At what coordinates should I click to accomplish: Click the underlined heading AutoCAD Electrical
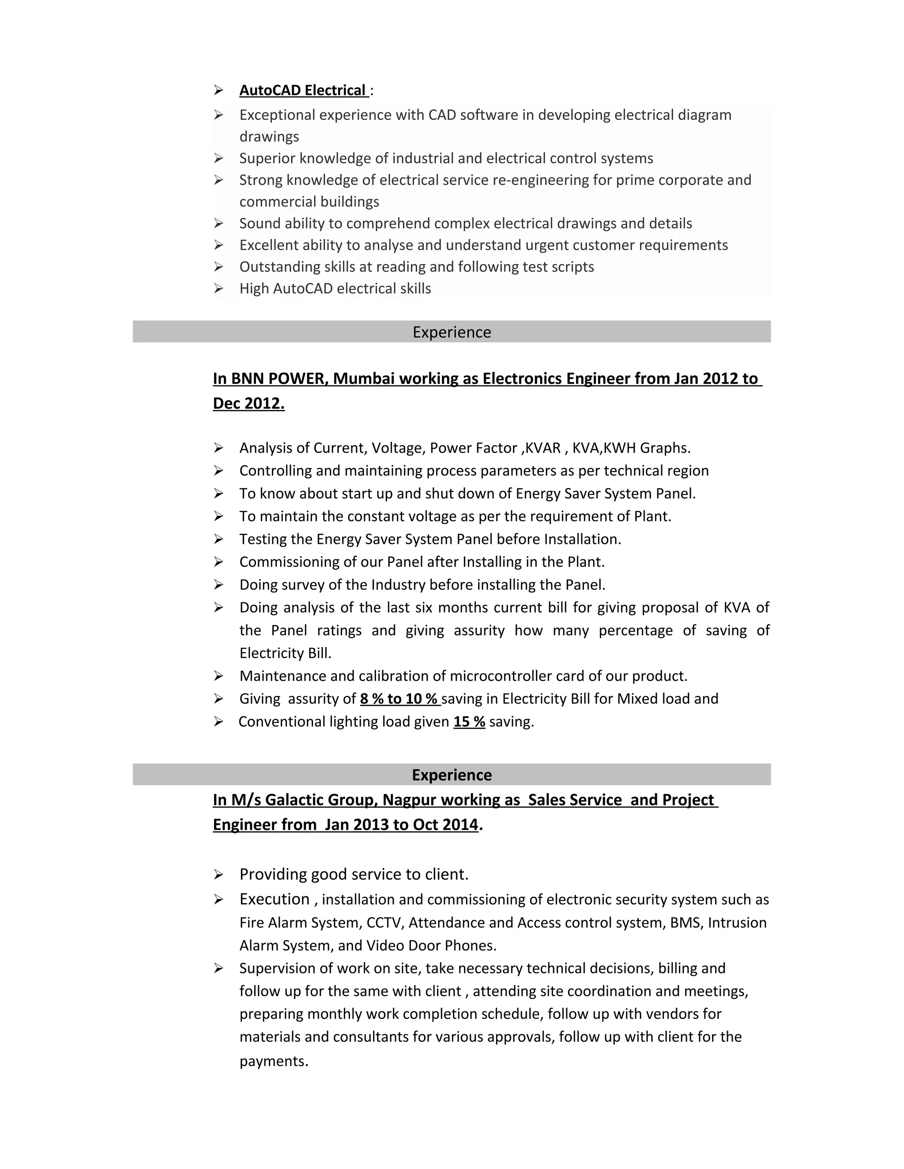pos(302,90)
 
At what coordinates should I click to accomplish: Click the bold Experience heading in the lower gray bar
pos(452,775)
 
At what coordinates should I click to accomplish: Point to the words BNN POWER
pos(279,378)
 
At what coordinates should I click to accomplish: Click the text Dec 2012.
pos(249,403)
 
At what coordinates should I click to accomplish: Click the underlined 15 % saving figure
pos(469,722)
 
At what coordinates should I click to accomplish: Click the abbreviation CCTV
pos(384,922)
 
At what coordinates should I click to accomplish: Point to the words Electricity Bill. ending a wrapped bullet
pos(285,653)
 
